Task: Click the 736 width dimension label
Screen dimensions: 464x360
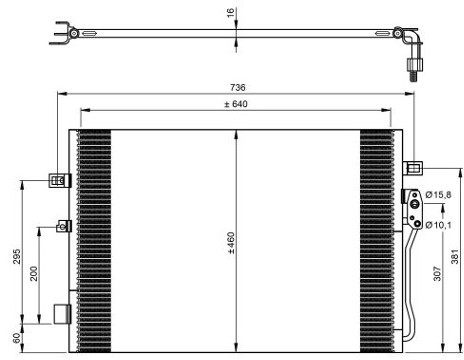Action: tap(237, 87)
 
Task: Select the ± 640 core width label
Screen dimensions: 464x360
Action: tap(236, 104)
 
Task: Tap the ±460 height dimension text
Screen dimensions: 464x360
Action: tap(231, 243)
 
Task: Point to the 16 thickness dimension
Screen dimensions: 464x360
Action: tap(230, 13)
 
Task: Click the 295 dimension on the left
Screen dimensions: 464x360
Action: tap(17, 256)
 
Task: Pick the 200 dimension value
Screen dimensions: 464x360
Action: tap(34, 273)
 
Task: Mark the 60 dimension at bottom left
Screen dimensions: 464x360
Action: tap(16, 338)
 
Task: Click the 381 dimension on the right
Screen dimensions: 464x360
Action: tap(455, 256)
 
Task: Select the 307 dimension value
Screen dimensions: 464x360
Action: tap(437, 273)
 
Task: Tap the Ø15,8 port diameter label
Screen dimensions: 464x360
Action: tap(438, 195)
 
